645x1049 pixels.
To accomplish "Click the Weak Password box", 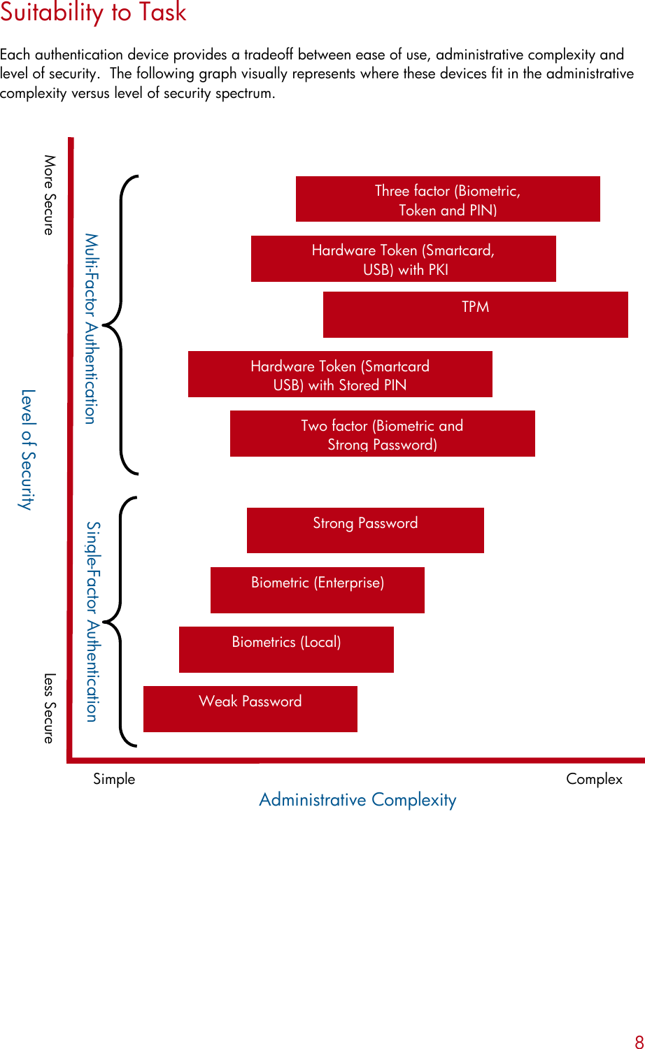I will (x=250, y=708).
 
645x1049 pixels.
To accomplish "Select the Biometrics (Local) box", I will (x=286, y=649).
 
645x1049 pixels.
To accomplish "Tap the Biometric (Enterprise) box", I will (x=318, y=590).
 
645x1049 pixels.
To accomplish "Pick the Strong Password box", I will (x=365, y=530).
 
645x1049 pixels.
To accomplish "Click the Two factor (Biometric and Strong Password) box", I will (x=383, y=434).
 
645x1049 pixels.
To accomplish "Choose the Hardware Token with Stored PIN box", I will (x=340, y=374).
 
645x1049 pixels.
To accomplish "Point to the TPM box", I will (x=476, y=315).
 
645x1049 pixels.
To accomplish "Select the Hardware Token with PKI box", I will (x=404, y=259).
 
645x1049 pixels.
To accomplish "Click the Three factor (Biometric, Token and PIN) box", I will (x=448, y=199).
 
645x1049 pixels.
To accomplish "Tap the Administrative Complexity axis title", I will (x=357, y=799).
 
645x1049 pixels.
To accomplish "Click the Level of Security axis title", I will (x=27, y=450).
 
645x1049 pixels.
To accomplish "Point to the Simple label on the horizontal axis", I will (x=114, y=779).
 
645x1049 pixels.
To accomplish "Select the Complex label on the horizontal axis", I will (x=594, y=779).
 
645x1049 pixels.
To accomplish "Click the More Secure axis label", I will (x=49, y=194).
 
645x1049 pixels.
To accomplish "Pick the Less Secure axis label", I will (x=49, y=708).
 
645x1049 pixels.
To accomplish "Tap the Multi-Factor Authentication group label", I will (x=91, y=329).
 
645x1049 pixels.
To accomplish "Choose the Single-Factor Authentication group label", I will (x=92, y=621).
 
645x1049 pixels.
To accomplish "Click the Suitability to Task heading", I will (x=94, y=13).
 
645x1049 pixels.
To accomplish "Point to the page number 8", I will (x=639, y=1041).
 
